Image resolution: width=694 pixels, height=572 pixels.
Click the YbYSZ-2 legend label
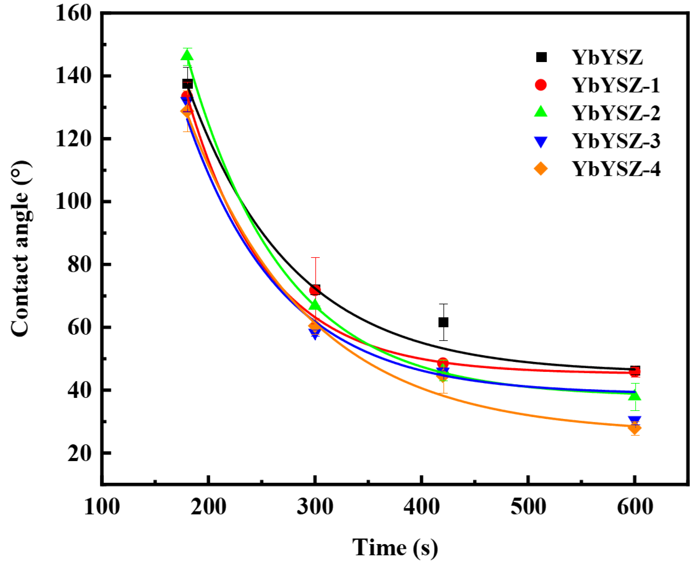615,113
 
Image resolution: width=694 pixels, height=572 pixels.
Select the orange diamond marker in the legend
540,169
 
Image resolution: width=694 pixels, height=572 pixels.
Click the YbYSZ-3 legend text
615,141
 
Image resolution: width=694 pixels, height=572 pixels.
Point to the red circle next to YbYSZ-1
540,85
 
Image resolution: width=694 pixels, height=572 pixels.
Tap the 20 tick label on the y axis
79,453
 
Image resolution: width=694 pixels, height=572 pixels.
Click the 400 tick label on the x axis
421,506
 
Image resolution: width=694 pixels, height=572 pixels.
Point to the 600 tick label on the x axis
635,506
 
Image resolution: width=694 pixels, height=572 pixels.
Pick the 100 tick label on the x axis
102,506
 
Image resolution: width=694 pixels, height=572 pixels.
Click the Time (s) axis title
395,547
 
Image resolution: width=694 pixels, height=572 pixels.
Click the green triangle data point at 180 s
187,55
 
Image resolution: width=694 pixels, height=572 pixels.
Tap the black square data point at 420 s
443,322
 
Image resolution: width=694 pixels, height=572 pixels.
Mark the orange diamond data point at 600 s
634,428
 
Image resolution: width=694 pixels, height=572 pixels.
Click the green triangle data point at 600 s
634,395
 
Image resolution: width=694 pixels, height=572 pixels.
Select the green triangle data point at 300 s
315,305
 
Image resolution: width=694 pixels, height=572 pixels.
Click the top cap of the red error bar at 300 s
315,258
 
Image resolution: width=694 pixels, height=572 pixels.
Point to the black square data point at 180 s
187,84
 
